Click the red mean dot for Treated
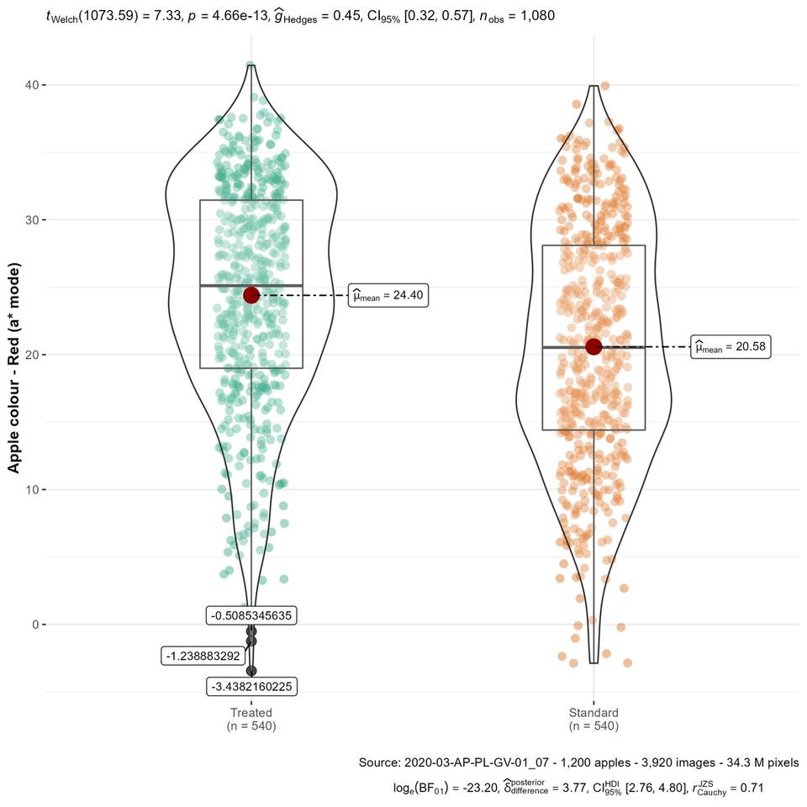(x=251, y=295)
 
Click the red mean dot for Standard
(x=593, y=346)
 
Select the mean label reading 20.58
(x=731, y=346)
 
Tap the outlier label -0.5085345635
(x=251, y=615)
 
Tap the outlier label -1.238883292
(x=203, y=656)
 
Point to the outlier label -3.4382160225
(x=251, y=687)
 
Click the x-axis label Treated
(x=251, y=712)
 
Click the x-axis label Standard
(x=593, y=712)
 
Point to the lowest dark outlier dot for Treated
(x=251, y=670)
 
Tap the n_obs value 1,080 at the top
(x=535, y=16)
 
